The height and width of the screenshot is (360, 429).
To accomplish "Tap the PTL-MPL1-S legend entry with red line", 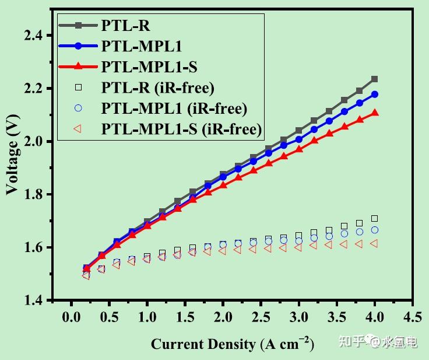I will pyautogui.click(x=148, y=66).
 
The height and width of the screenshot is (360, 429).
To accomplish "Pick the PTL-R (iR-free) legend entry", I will pyautogui.click(x=157, y=88).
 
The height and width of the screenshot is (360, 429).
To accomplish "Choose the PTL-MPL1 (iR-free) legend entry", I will pyautogui.click(x=174, y=108).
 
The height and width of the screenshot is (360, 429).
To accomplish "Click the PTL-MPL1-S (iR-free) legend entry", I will pyautogui.click(x=181, y=128).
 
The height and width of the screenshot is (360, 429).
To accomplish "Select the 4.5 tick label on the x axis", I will pyautogui.click(x=413, y=317).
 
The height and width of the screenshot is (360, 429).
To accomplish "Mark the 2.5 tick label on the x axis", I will pyautogui.click(x=261, y=317).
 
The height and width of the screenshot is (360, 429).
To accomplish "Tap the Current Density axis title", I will pyautogui.click(x=232, y=344).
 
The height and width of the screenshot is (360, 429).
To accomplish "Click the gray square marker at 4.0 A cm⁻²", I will pyautogui.click(x=375, y=79).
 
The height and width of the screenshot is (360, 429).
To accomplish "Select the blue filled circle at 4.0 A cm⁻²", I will pyautogui.click(x=375, y=94).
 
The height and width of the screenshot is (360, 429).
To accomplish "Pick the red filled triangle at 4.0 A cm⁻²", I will pyautogui.click(x=375, y=113).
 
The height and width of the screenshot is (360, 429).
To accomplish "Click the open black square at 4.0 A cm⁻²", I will pyautogui.click(x=375, y=218).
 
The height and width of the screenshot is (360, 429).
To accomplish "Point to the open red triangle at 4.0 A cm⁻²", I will pyautogui.click(x=374, y=243).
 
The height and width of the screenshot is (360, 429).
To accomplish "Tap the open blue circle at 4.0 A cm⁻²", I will pyautogui.click(x=375, y=230).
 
